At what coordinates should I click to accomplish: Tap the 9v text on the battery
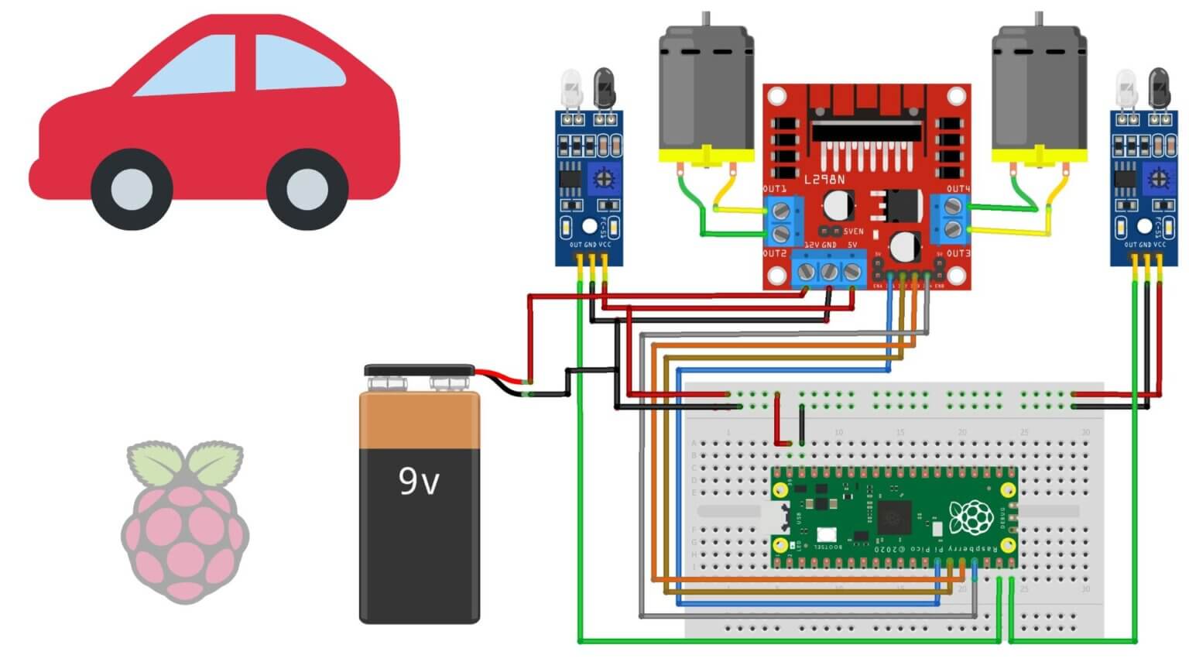coord(419,481)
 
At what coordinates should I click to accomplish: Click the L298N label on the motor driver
coord(824,180)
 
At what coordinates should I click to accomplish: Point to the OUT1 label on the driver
coord(774,189)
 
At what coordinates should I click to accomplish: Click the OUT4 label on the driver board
coord(958,189)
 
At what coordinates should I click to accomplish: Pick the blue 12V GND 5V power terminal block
coord(829,270)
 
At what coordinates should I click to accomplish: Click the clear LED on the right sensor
coord(1126,85)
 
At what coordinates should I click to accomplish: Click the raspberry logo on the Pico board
coord(971,516)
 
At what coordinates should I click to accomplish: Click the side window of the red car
coord(298,63)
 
